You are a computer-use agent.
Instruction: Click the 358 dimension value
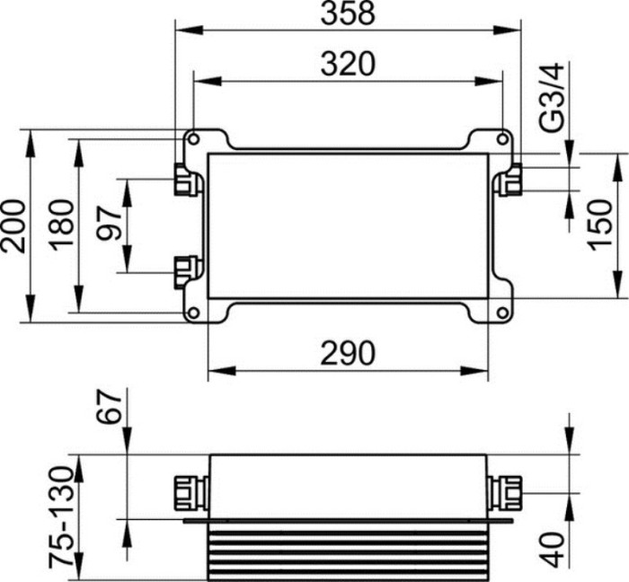349,13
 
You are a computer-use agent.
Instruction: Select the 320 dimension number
349,64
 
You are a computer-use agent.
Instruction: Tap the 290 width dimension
349,353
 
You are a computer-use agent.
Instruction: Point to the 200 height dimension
13,225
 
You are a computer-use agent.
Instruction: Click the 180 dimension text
62,225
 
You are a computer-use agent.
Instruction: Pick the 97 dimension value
109,223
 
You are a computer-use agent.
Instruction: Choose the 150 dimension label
602,225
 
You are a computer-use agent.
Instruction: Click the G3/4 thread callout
552,97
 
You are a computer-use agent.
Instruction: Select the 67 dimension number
109,406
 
